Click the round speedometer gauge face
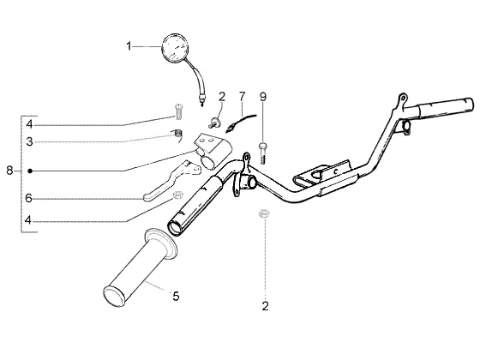175,48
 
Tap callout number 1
129,46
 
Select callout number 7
242,96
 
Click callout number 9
263,97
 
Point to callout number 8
9,171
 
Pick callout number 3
29,141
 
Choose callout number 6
28,198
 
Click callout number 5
176,296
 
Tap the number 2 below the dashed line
265,305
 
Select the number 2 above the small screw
222,97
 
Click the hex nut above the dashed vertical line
264,213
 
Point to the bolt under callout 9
262,153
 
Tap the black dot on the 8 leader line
30,171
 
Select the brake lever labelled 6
171,182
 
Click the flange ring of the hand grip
161,244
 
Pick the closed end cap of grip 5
115,296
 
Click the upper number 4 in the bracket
29,124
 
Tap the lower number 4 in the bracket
28,219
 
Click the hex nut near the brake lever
177,195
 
